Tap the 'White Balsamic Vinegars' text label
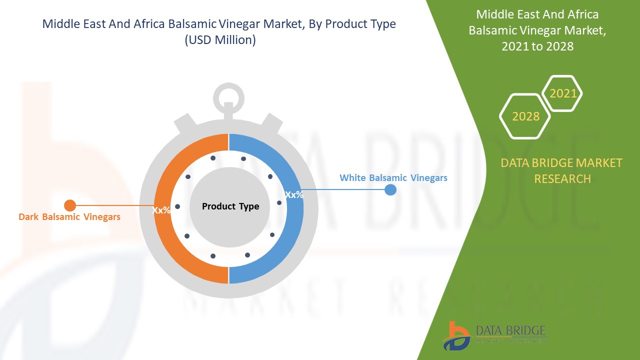click(393, 177)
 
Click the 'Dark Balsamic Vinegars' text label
click(69, 217)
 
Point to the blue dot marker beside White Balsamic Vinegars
click(390, 189)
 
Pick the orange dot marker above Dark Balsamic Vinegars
click(70, 205)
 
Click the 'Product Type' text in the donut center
click(230, 206)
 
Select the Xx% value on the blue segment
click(294, 194)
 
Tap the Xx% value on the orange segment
click(161, 210)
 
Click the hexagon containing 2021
click(562, 93)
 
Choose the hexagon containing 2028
click(525, 116)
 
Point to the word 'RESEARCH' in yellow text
click(562, 178)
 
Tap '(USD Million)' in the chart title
click(220, 40)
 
